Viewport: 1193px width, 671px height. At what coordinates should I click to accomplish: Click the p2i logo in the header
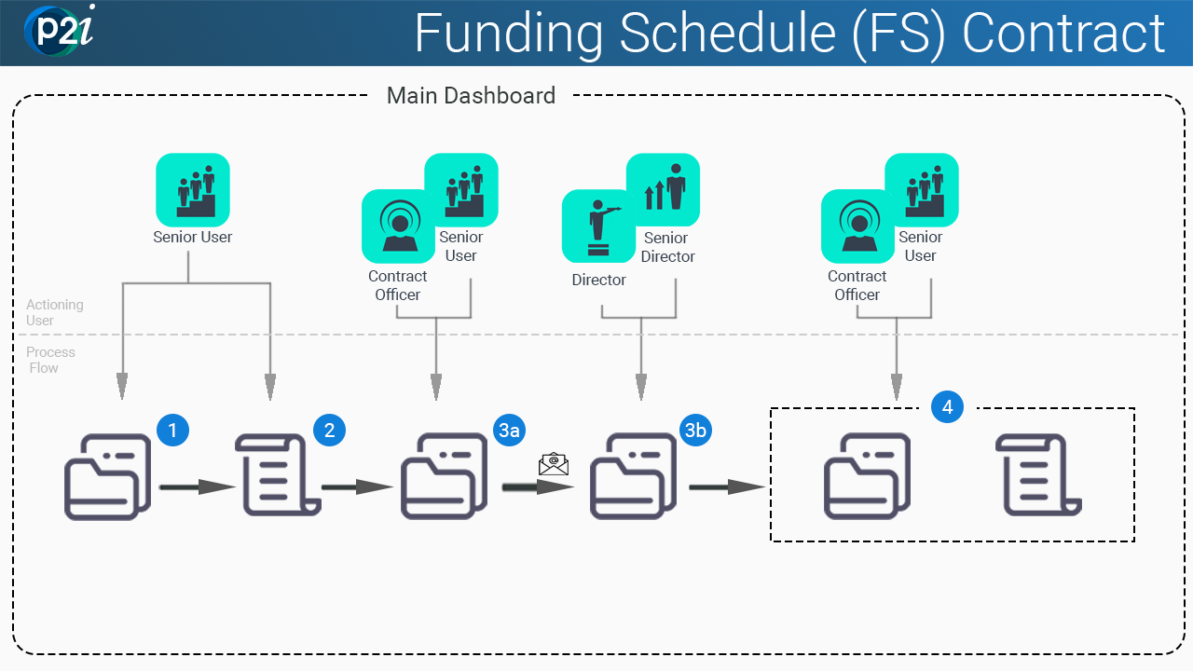click(59, 31)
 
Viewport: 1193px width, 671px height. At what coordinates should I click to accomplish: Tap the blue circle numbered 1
click(173, 430)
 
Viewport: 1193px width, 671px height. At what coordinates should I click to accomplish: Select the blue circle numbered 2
click(330, 430)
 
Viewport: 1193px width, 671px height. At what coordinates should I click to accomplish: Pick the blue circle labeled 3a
click(510, 430)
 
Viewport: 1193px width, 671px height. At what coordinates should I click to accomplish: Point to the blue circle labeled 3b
click(696, 430)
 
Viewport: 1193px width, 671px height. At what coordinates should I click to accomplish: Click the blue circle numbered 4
click(947, 407)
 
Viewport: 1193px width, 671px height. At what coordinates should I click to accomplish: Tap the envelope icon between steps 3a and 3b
click(554, 463)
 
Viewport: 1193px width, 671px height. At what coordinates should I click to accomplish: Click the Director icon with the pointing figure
click(598, 226)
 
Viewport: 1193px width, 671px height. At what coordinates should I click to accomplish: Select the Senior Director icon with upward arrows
click(663, 190)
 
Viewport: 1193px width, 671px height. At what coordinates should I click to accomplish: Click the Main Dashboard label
click(471, 95)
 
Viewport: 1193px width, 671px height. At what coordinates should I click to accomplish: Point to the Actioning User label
click(54, 312)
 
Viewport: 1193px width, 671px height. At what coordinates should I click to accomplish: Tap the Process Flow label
click(50, 360)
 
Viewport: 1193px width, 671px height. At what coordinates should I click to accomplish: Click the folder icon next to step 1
click(107, 476)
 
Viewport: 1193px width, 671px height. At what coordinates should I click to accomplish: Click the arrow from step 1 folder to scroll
click(197, 486)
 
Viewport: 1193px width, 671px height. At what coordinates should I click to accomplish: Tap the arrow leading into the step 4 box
click(727, 486)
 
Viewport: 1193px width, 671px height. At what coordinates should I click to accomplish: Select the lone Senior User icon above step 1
click(193, 190)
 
